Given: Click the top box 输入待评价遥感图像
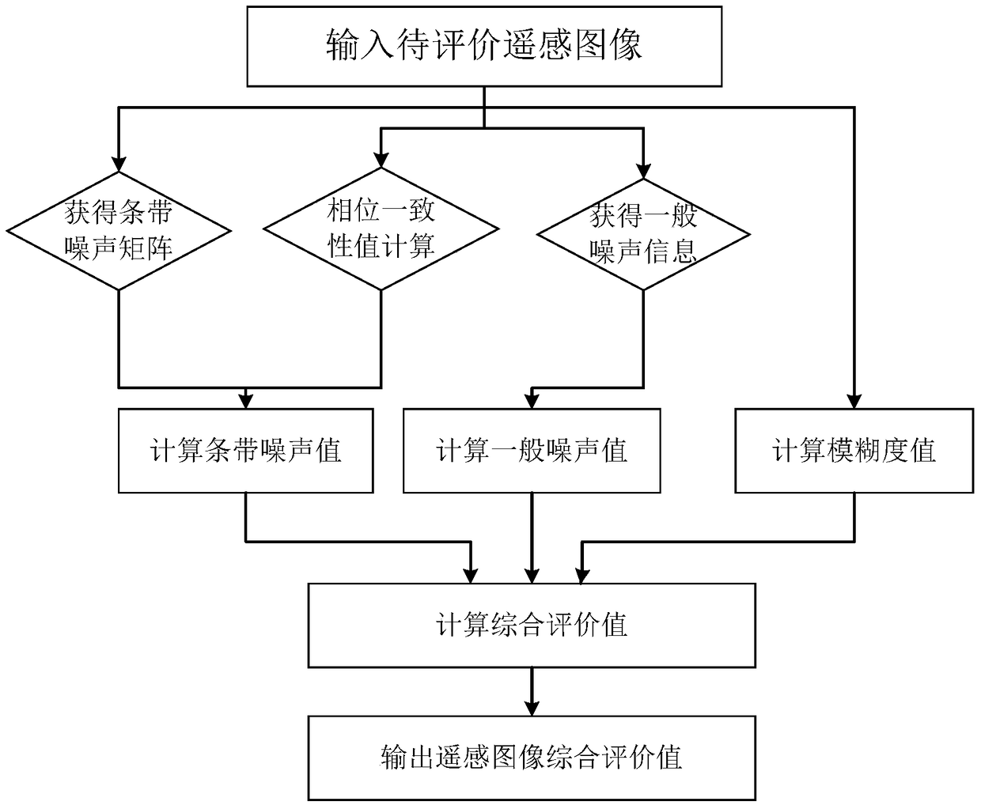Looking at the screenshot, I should (x=484, y=46).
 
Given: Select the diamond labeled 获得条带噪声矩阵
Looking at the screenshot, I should (x=119, y=231).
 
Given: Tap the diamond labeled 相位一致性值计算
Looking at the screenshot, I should (x=381, y=229).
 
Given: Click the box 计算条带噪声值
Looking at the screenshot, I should (x=245, y=451).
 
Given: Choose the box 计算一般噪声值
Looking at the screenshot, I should (x=532, y=451).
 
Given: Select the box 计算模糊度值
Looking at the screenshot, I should (x=854, y=451).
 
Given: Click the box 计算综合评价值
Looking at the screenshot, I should (x=532, y=626).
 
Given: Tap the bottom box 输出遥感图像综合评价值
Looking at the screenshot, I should (x=532, y=757).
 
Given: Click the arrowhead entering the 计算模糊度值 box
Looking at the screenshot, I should (x=854, y=400).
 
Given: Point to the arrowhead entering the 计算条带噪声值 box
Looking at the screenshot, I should (x=245, y=400).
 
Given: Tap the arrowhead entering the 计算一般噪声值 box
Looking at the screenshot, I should (x=532, y=400).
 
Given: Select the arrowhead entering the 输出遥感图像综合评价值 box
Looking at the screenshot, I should (x=532, y=708).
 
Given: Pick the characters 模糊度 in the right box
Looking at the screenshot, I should (x=854, y=451).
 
